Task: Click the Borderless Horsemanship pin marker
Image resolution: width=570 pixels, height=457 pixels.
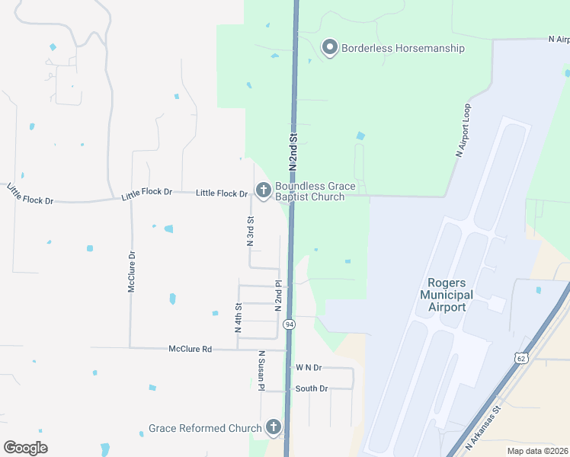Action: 330,48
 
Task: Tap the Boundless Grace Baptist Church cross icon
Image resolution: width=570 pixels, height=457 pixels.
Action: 264,190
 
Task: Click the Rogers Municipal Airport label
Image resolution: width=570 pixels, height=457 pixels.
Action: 447,295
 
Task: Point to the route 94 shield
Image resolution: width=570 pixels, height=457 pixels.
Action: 289,324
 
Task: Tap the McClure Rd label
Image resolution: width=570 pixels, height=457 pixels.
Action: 190,349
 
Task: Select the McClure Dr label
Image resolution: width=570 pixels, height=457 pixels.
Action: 131,272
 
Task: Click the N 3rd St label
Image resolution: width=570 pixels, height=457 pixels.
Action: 250,231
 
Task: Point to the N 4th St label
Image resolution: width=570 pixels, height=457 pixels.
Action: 238,318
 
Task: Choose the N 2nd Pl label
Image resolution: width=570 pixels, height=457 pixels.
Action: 279,294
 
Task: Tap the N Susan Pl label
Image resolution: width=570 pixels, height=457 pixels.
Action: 261,371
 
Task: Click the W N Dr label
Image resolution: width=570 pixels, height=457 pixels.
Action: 309,367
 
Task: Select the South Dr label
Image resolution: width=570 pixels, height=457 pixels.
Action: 311,388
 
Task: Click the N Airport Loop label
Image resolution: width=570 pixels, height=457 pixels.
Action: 466,130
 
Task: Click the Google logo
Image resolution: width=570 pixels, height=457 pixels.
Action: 25,448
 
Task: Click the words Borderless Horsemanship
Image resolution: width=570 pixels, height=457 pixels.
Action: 403,48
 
